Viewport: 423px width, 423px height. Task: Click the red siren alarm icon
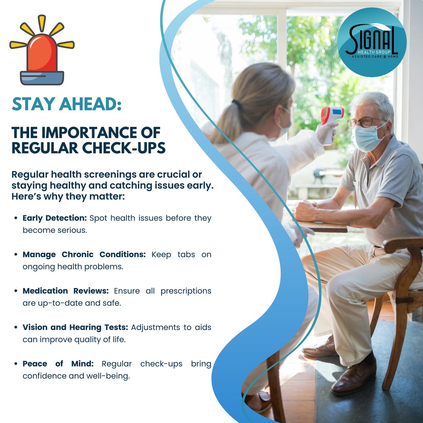[x=42, y=53]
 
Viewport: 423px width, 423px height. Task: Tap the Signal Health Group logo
[x=372, y=43]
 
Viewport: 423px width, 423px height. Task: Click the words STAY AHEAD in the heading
[x=66, y=104]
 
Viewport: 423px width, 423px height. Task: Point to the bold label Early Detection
[x=55, y=218]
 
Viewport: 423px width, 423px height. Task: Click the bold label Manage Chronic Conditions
[x=84, y=255]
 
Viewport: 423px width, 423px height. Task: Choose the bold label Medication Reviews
[x=66, y=291]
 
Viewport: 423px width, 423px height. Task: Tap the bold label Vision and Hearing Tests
[x=75, y=327]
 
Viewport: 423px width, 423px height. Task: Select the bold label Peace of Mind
[x=58, y=363]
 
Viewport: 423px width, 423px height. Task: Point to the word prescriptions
[x=186, y=291]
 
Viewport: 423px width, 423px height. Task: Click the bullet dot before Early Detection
[x=16, y=219]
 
